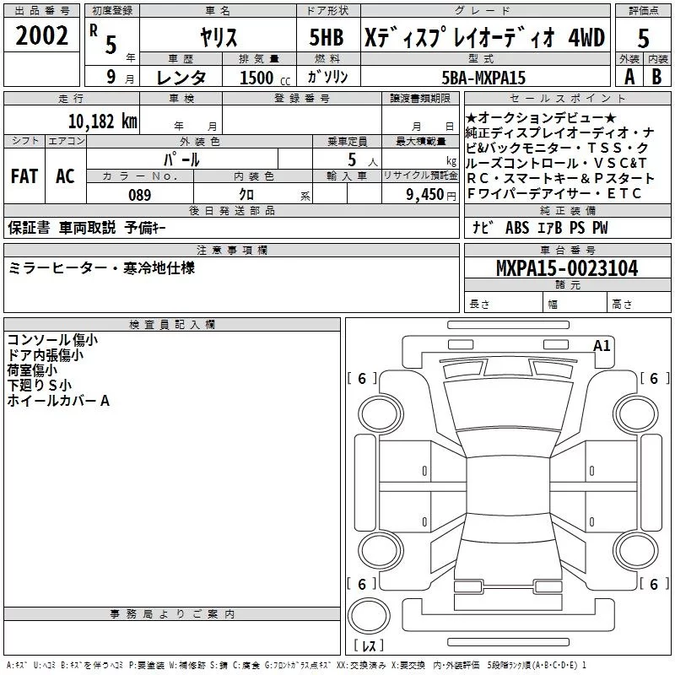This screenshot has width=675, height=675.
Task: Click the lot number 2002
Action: [x=42, y=36]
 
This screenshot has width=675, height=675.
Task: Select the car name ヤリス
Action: [x=219, y=37]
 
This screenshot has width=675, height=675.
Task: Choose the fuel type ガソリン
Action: [x=328, y=78]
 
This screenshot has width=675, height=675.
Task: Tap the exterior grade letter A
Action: [x=629, y=77]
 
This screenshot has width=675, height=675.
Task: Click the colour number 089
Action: [x=139, y=195]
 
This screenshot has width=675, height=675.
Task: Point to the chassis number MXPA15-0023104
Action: [x=567, y=268]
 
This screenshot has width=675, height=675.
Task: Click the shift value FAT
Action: [x=24, y=175]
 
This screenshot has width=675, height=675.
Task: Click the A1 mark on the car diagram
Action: [x=602, y=345]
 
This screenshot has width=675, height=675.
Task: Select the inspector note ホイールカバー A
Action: [x=58, y=401]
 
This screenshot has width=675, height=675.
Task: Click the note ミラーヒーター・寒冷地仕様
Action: [x=102, y=267]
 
